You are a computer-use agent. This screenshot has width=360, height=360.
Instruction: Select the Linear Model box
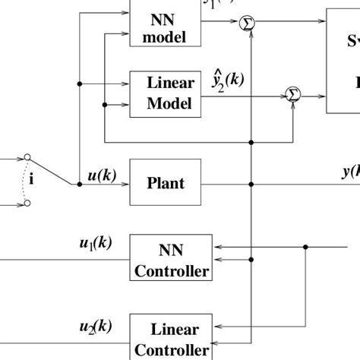tap(165, 94)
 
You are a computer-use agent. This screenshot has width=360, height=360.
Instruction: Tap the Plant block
tap(165, 183)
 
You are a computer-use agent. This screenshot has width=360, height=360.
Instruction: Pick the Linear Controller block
tap(171, 338)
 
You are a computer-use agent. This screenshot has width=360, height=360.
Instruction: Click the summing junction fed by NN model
tap(247, 25)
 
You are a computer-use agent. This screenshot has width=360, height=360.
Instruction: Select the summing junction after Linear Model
tap(292, 95)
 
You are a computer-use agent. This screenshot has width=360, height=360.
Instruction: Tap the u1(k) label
tap(95, 244)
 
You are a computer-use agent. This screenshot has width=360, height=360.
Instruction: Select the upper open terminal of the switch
tap(27, 158)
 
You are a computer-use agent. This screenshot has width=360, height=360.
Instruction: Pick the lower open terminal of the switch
tap(27, 204)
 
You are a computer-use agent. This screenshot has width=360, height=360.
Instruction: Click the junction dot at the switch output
tap(79, 184)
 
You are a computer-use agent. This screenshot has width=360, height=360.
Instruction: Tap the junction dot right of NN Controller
tap(305, 247)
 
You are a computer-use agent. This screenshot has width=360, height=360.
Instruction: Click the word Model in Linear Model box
tap(165, 103)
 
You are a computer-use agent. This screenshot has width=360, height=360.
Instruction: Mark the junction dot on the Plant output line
tap(251, 184)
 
